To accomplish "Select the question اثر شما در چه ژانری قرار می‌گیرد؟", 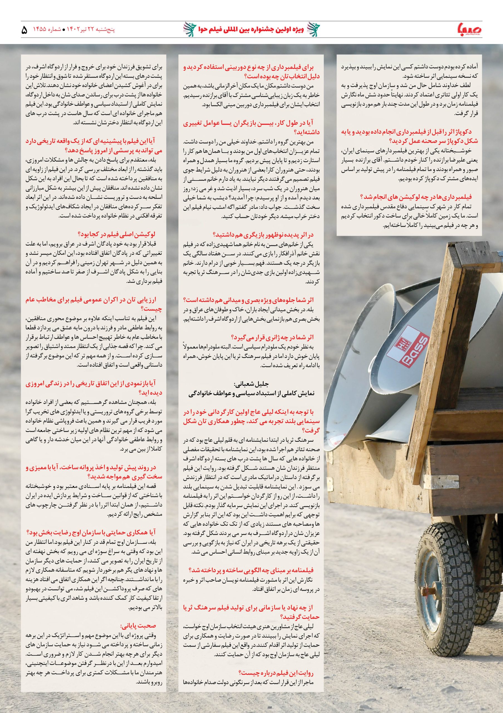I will pyautogui.click(x=272, y=337).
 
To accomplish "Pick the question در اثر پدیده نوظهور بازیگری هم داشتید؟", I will pyautogui.click(x=263, y=234).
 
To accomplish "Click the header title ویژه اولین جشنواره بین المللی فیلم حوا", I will pyautogui.click(x=251, y=30).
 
